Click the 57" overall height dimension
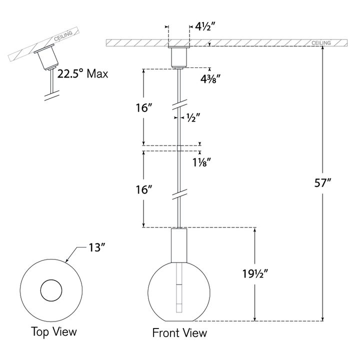pos(322,183)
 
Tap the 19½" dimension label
pos(255,273)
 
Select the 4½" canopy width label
pos(205,26)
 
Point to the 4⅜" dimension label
pos(210,79)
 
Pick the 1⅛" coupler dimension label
pos(201,162)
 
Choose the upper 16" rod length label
pos(144,108)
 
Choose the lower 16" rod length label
pos(144,190)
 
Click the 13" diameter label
pos(96,247)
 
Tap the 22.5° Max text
pos(82,73)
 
